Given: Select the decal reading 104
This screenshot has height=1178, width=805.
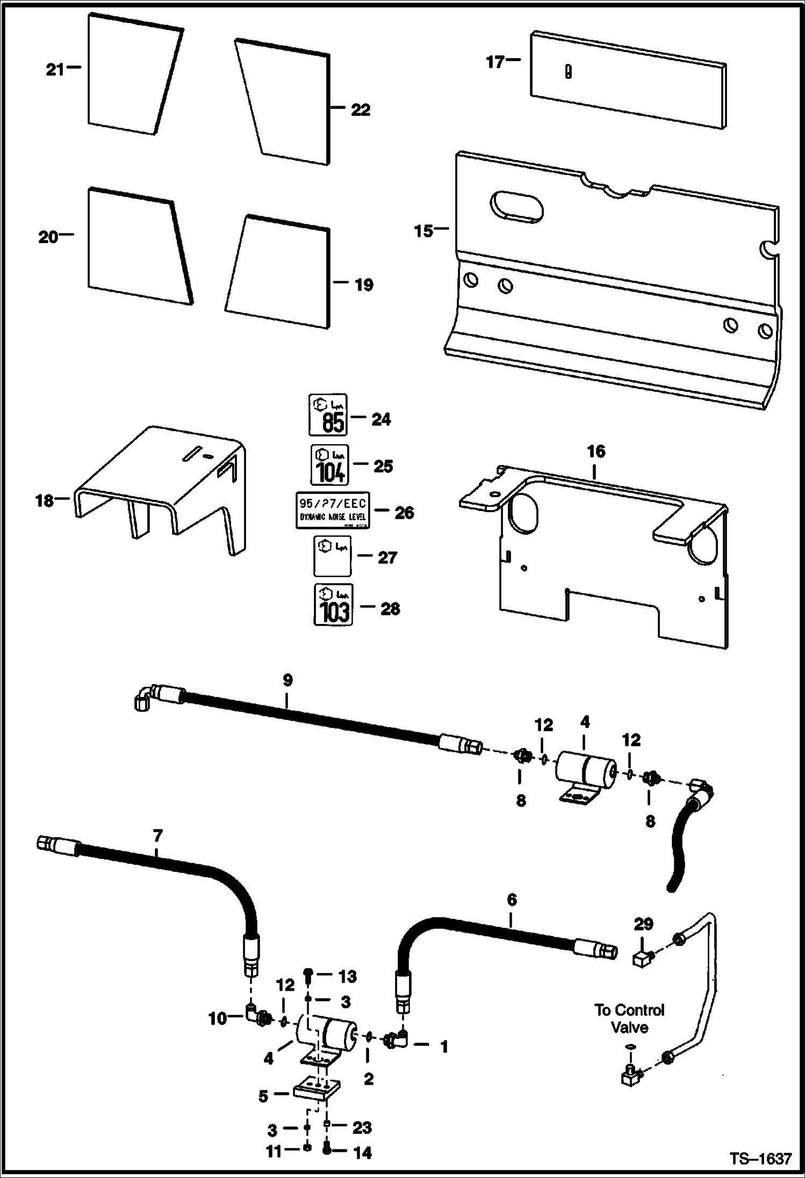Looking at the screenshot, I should (329, 464).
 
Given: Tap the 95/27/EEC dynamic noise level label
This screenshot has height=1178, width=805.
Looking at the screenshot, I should (333, 510).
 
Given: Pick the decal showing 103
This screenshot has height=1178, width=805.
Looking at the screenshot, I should (333, 605).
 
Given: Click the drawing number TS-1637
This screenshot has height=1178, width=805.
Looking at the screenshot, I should (760, 1158).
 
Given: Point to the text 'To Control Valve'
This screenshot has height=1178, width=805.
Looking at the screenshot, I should (629, 1019).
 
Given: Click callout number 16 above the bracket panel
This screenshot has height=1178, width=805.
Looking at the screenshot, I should (595, 452).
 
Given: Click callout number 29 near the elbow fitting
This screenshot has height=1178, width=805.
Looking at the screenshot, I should (643, 924).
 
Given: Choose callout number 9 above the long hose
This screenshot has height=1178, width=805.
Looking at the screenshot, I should (287, 680).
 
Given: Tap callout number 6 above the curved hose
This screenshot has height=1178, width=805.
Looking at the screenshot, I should (512, 899).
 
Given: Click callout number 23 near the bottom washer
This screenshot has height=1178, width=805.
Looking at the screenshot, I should (362, 1128).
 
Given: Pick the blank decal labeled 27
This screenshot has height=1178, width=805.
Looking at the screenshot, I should (332, 557).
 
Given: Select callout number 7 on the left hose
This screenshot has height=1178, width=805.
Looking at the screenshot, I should (157, 836).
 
